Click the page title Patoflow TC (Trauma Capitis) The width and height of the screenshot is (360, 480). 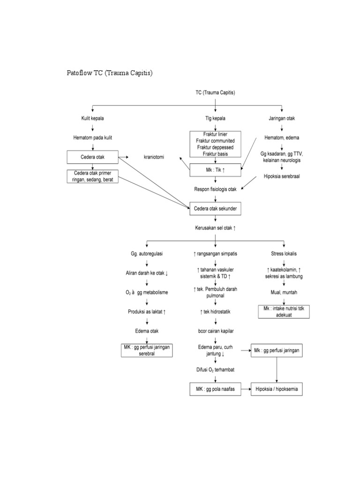pos(111,73)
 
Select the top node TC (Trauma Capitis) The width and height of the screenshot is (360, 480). pos(215,93)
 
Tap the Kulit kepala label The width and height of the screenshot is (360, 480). pos(93,119)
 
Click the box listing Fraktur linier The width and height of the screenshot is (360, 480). pos(215,144)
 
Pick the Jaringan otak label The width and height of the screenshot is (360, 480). pos(282,119)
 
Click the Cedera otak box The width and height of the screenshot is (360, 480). pos(93,157)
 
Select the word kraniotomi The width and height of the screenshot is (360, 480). pos(154,157)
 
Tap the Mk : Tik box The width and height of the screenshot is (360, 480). pos(215,170)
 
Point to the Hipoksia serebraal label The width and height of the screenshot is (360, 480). pos(282,177)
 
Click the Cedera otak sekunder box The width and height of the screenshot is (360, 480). pos(215,209)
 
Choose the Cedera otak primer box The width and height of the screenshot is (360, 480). pos(93,176)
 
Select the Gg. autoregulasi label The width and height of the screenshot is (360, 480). pos(147,254)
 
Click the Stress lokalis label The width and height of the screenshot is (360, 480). pos(284,254)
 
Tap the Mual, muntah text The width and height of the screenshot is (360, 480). pos(284,292)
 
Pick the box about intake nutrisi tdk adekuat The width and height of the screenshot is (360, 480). pos(284,311)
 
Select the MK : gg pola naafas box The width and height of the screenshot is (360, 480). pos(215,389)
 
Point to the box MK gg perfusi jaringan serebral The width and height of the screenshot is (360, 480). pos(147,350)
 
